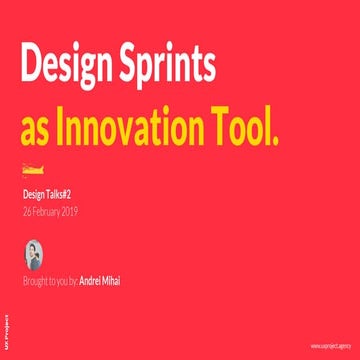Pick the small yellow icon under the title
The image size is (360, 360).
coord(33,166)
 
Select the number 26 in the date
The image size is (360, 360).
coord(27,211)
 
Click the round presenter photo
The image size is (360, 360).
coord(33,253)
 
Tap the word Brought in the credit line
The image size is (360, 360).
coord(35,281)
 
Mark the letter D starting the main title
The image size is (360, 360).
coord(31,67)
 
